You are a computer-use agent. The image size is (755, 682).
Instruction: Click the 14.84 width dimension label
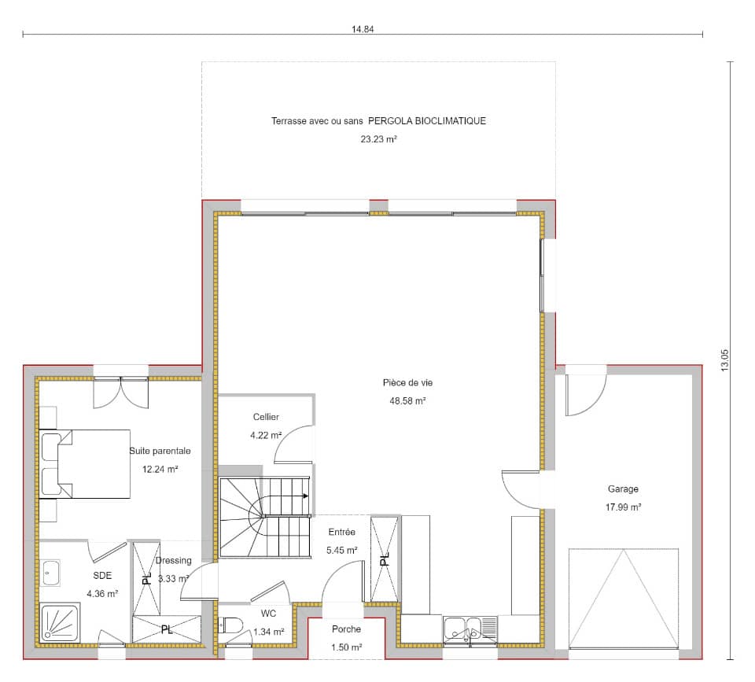[362, 29]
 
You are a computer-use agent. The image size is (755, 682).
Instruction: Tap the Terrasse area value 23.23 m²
[378, 139]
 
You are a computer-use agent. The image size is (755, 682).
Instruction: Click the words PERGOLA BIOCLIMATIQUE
[427, 121]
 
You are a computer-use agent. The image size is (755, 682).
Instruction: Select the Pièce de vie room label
[407, 383]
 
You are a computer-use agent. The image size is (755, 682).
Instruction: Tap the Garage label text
[623, 488]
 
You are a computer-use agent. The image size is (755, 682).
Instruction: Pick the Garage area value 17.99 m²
[623, 507]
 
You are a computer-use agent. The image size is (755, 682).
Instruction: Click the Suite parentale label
[160, 451]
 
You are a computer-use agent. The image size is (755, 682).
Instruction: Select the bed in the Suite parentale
[87, 464]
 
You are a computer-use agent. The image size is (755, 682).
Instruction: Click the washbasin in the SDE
[52, 573]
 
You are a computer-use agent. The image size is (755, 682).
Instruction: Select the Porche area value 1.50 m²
[347, 647]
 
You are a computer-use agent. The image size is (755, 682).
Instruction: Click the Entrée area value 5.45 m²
[341, 551]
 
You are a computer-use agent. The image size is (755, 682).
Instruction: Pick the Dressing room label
[173, 561]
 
